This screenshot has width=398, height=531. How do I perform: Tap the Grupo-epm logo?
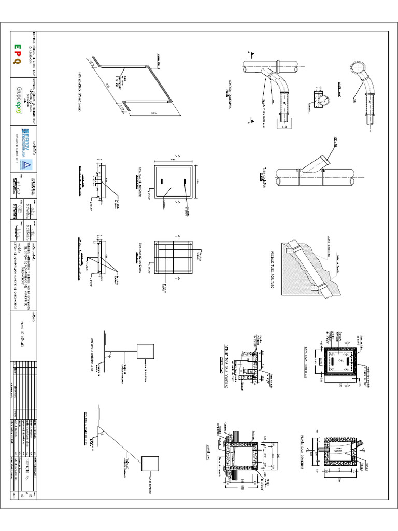point(19,99)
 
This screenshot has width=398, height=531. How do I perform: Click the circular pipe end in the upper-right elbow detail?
point(357,69)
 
